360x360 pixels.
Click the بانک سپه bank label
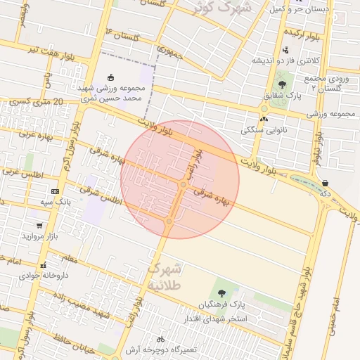click(56, 202)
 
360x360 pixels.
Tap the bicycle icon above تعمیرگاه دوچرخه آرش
click(161, 339)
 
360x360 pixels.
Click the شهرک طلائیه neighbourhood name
click(166, 276)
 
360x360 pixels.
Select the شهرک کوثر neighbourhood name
click(224, 9)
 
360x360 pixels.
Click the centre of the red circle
click(180, 179)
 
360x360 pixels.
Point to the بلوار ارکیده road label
click(304, 34)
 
